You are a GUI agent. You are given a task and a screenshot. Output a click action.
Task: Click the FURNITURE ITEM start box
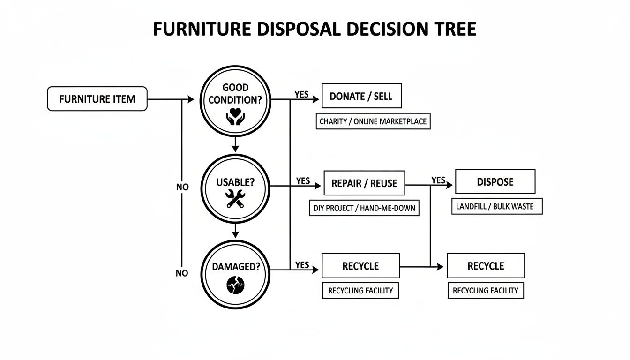[97, 99]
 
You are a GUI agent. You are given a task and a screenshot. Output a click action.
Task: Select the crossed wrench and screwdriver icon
[235, 198]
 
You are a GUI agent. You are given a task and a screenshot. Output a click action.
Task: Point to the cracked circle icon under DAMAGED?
[235, 285]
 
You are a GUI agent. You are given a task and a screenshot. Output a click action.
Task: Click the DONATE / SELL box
[361, 97]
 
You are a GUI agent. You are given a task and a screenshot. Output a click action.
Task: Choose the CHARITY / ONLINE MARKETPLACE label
[373, 121]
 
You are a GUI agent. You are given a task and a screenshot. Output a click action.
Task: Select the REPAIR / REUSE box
[364, 183]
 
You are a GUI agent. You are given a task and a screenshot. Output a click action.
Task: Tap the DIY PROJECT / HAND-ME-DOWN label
[364, 208]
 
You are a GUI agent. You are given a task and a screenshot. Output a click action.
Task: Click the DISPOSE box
[495, 181]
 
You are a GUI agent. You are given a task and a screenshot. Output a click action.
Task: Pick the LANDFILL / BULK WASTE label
[497, 206]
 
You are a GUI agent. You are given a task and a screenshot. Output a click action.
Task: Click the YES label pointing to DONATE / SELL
[301, 94]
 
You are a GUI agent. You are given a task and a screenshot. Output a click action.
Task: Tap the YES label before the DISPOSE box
[438, 180]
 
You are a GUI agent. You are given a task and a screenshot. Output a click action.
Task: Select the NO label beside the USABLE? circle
[182, 187]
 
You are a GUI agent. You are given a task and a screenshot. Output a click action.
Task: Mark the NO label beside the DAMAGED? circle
[182, 273]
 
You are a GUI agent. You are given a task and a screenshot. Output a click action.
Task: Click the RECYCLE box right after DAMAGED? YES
[360, 266]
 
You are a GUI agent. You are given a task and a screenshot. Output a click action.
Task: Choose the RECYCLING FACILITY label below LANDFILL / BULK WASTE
[486, 291]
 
